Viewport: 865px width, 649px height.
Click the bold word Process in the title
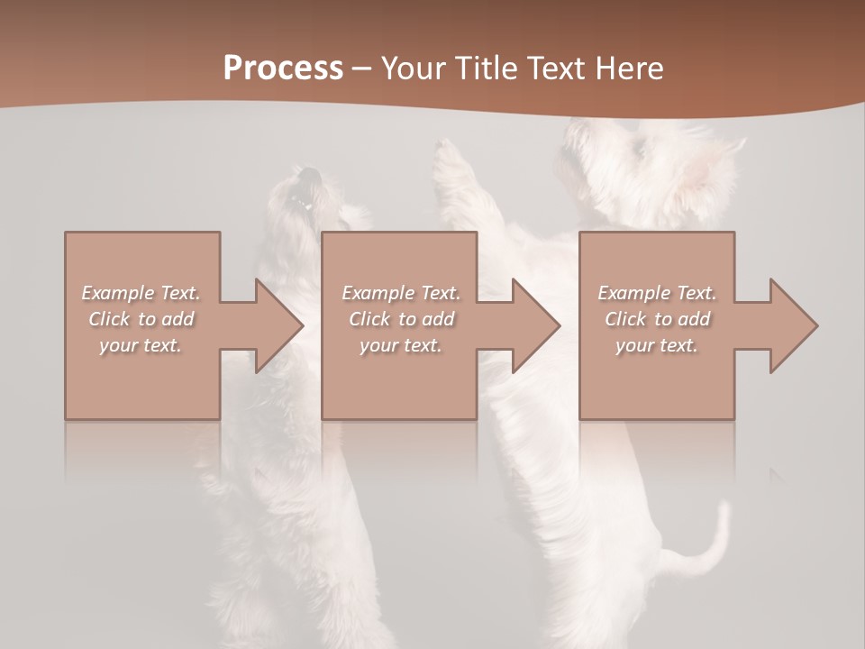click(x=283, y=69)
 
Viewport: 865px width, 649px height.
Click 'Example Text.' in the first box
click(x=141, y=293)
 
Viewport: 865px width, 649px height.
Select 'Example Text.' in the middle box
click(x=401, y=293)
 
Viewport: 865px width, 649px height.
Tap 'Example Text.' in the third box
click(x=657, y=293)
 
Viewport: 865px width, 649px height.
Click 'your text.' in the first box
click(x=141, y=345)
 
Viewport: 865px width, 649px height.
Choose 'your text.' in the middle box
click(x=401, y=345)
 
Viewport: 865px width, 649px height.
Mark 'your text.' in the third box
click(x=657, y=345)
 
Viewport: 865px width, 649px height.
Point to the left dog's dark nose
click(x=309, y=175)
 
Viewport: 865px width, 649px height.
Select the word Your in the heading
click(x=413, y=69)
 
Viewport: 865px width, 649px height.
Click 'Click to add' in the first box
click(x=141, y=319)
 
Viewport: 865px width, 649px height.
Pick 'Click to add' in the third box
click(x=657, y=319)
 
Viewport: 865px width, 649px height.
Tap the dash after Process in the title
click(x=362, y=69)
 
